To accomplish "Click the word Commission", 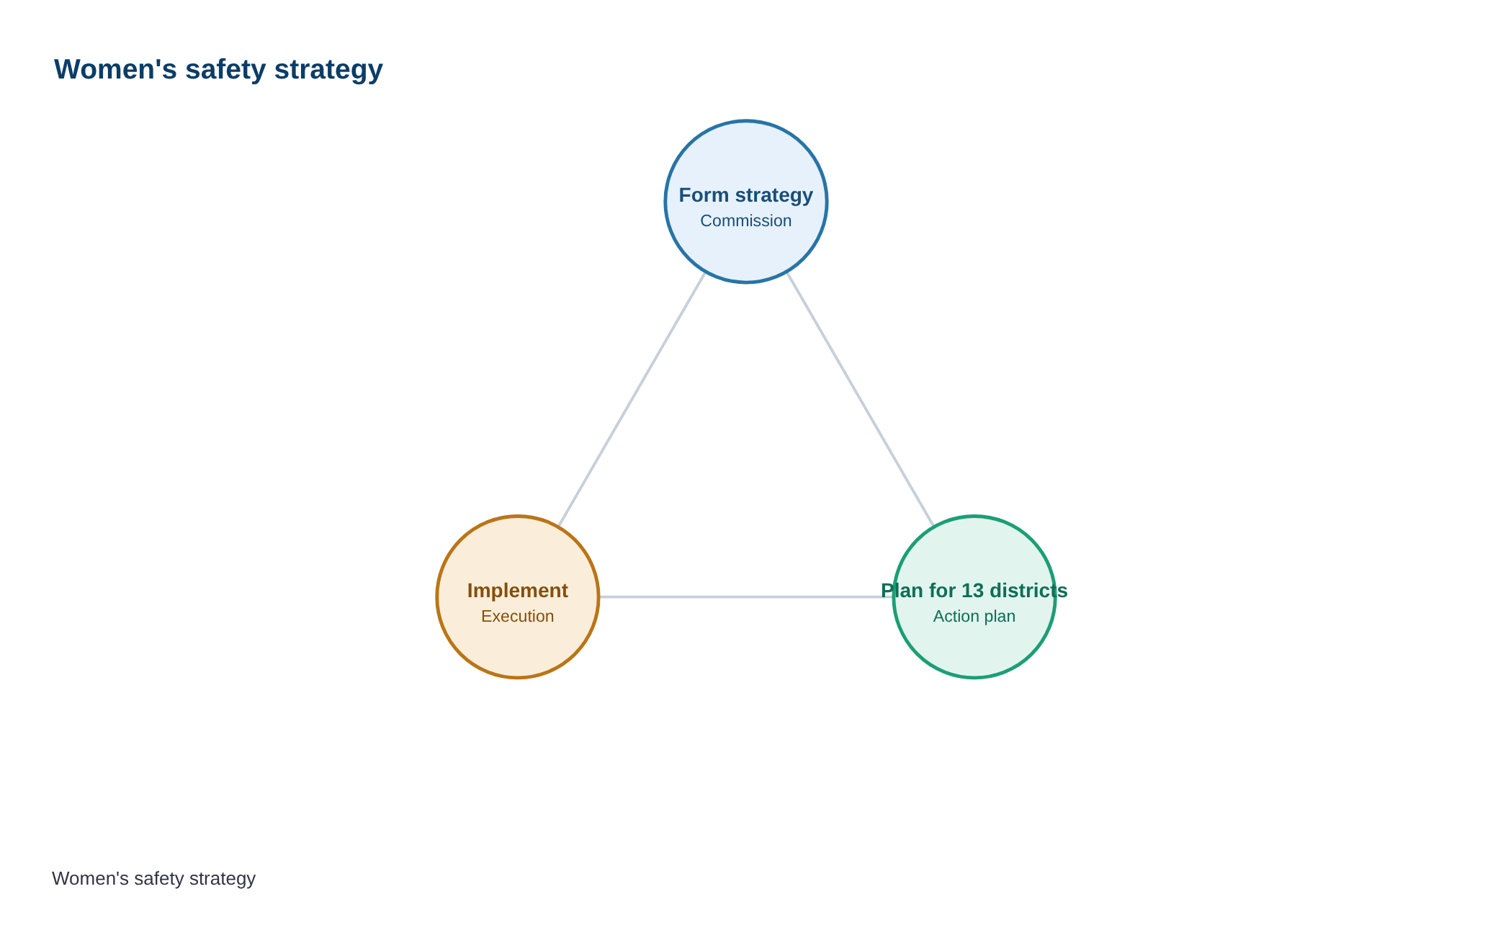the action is tap(746, 221).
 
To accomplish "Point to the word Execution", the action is tap(518, 617).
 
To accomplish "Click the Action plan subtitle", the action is tap(974, 617).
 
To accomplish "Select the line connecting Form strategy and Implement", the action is tap(632, 399).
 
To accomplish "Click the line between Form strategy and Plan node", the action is tap(861, 399).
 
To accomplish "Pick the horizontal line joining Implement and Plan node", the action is tap(746, 597).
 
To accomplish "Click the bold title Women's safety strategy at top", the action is tap(218, 70).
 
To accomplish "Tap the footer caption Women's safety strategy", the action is tap(153, 879).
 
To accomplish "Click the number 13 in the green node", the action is tap(972, 591).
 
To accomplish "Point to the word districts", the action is tap(1028, 591).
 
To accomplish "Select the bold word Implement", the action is tap(518, 591).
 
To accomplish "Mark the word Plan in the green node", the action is tap(902, 591).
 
